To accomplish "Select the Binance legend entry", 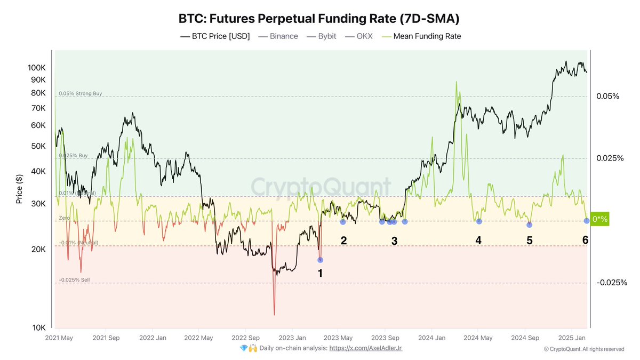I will (283, 36).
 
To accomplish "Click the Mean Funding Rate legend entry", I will (427, 36).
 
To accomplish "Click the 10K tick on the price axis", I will (38, 327).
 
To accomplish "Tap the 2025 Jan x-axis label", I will (572, 338).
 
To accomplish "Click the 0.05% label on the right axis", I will (607, 96).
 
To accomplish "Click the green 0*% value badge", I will (600, 219).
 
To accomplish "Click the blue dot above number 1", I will (320, 260).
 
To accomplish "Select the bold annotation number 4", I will (478, 241).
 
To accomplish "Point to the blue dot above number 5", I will (529, 225).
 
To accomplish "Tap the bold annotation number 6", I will (585, 241).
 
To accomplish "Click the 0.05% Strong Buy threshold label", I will (80, 93).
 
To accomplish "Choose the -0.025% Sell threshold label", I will (74, 279).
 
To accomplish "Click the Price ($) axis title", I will (19, 189).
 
